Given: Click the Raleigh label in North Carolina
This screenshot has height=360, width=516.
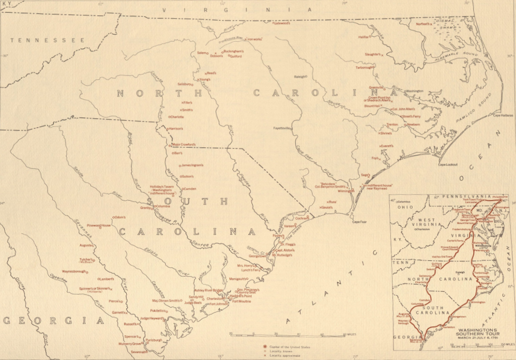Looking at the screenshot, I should pos(299,76).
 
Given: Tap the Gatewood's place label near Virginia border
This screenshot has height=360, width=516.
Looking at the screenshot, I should pos(282,23).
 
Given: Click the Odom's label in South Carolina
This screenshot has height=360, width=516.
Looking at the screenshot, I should pos(121,217).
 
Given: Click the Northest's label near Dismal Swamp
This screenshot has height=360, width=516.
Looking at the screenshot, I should pos(423,24).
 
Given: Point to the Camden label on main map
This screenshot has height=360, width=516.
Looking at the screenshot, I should pos(190,188).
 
